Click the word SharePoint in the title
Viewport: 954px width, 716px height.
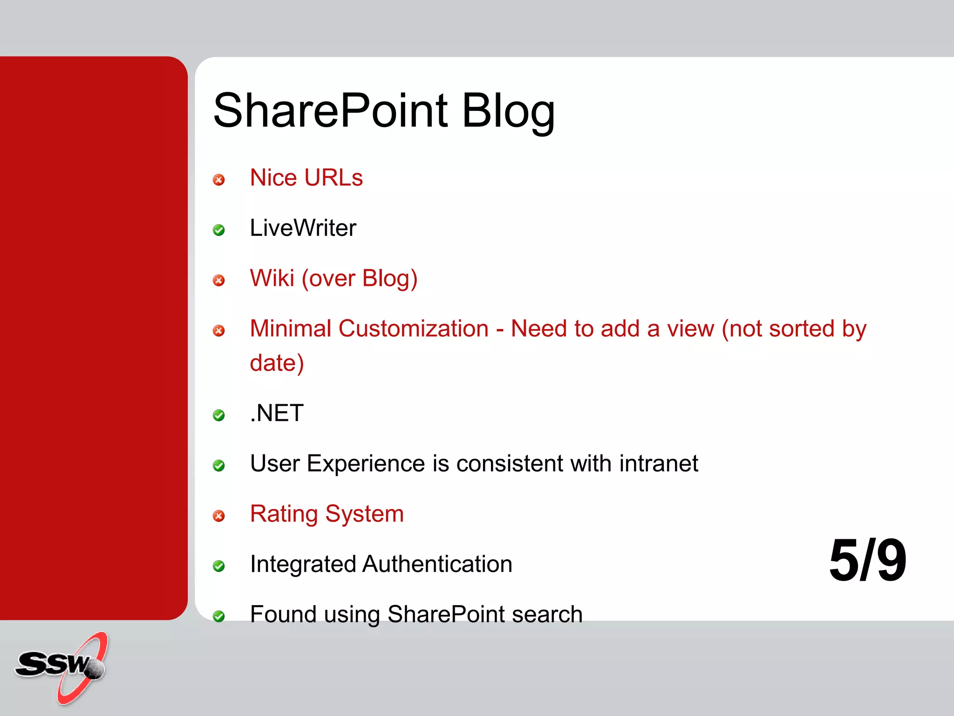(x=331, y=110)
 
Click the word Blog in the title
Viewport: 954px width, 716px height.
(x=508, y=110)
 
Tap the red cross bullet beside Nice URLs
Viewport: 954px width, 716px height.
(x=218, y=180)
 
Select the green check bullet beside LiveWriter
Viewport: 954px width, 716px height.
(x=218, y=230)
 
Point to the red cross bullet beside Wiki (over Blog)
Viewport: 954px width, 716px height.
(x=218, y=280)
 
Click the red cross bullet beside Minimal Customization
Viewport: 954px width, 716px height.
(x=218, y=330)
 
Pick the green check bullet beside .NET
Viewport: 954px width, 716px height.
(x=218, y=415)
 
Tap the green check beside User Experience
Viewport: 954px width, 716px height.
(x=218, y=465)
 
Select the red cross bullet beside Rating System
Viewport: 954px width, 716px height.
(x=218, y=516)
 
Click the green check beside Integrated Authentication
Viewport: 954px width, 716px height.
(x=218, y=566)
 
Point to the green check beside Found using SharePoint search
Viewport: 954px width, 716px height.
(x=218, y=616)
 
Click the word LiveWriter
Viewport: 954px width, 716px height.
(x=303, y=228)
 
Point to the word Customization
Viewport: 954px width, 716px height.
(x=413, y=329)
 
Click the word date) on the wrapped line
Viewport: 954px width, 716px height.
(x=277, y=363)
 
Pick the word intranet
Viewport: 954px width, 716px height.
(x=659, y=463)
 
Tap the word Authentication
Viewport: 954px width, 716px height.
(x=437, y=564)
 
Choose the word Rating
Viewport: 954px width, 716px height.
(x=284, y=514)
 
